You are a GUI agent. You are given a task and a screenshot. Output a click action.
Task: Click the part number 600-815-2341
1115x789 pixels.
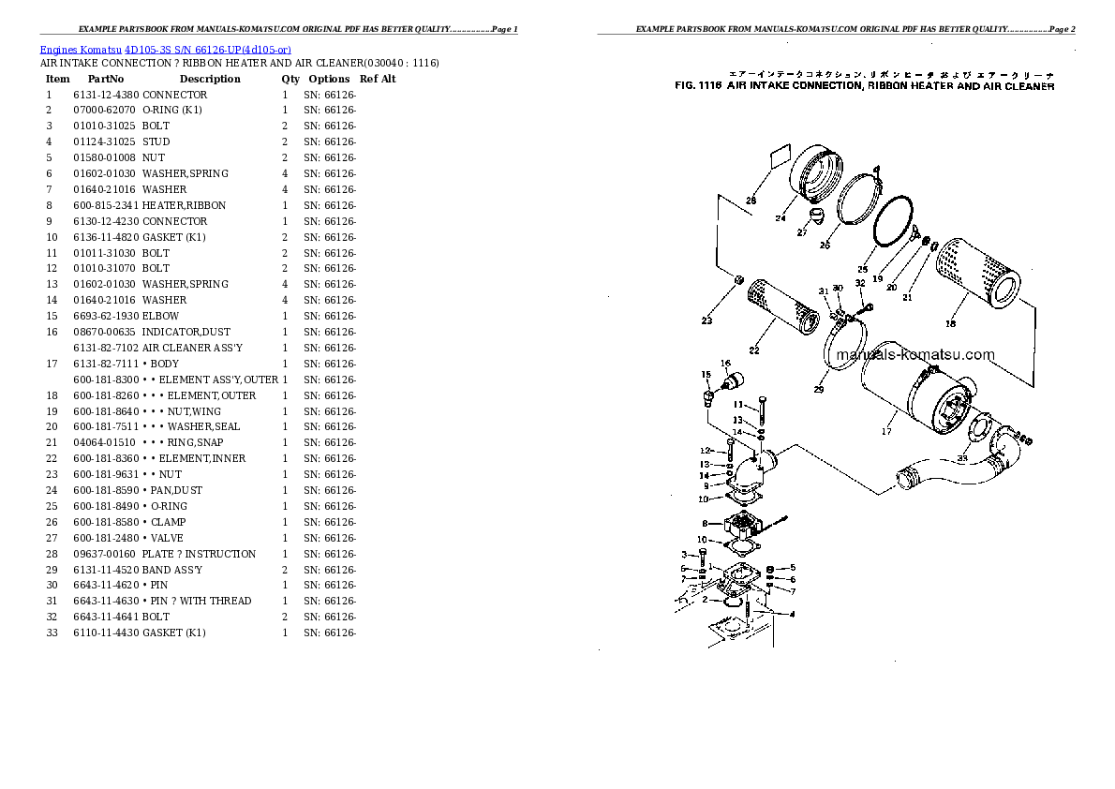106,205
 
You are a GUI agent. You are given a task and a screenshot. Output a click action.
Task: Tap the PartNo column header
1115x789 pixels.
106,79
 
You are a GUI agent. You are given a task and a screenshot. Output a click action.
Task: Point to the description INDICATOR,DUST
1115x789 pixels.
186,332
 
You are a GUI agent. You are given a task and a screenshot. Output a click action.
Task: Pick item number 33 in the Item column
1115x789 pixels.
52,633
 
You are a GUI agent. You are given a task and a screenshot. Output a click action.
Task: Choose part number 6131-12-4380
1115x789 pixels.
106,95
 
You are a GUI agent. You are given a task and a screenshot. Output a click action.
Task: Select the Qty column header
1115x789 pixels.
290,79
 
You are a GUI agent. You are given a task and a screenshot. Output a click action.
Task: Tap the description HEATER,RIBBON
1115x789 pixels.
184,205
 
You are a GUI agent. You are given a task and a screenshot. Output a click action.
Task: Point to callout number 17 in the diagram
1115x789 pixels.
885,433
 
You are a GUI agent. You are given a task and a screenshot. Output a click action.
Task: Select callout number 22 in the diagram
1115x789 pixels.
753,350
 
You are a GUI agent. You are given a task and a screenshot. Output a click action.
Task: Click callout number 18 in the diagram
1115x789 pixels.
950,324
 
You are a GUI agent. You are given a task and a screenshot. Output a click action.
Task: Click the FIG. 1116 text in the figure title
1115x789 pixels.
696,86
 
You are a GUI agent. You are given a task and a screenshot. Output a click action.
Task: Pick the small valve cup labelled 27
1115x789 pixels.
816,219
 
